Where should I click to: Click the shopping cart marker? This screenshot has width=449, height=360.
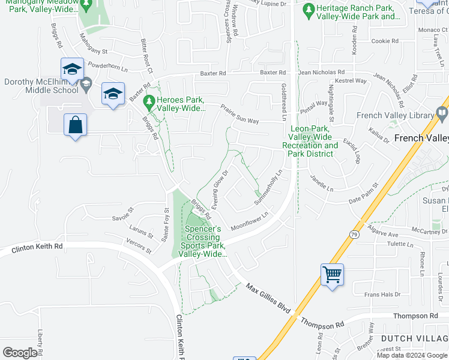click(x=332, y=275)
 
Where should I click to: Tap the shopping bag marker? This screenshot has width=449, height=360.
click(x=76, y=126)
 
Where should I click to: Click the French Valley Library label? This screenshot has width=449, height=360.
click(x=394, y=116)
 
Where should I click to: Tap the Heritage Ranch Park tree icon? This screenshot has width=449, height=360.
click(x=309, y=10)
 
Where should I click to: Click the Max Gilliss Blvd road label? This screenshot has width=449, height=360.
click(x=268, y=297)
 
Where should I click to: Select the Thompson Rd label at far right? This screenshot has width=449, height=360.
click(x=415, y=316)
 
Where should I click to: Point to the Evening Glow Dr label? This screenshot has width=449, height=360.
click(x=220, y=187)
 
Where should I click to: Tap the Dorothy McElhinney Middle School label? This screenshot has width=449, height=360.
click(x=41, y=86)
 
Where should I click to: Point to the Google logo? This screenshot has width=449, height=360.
click(x=20, y=353)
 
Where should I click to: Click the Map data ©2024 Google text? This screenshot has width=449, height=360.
click(x=412, y=355)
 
